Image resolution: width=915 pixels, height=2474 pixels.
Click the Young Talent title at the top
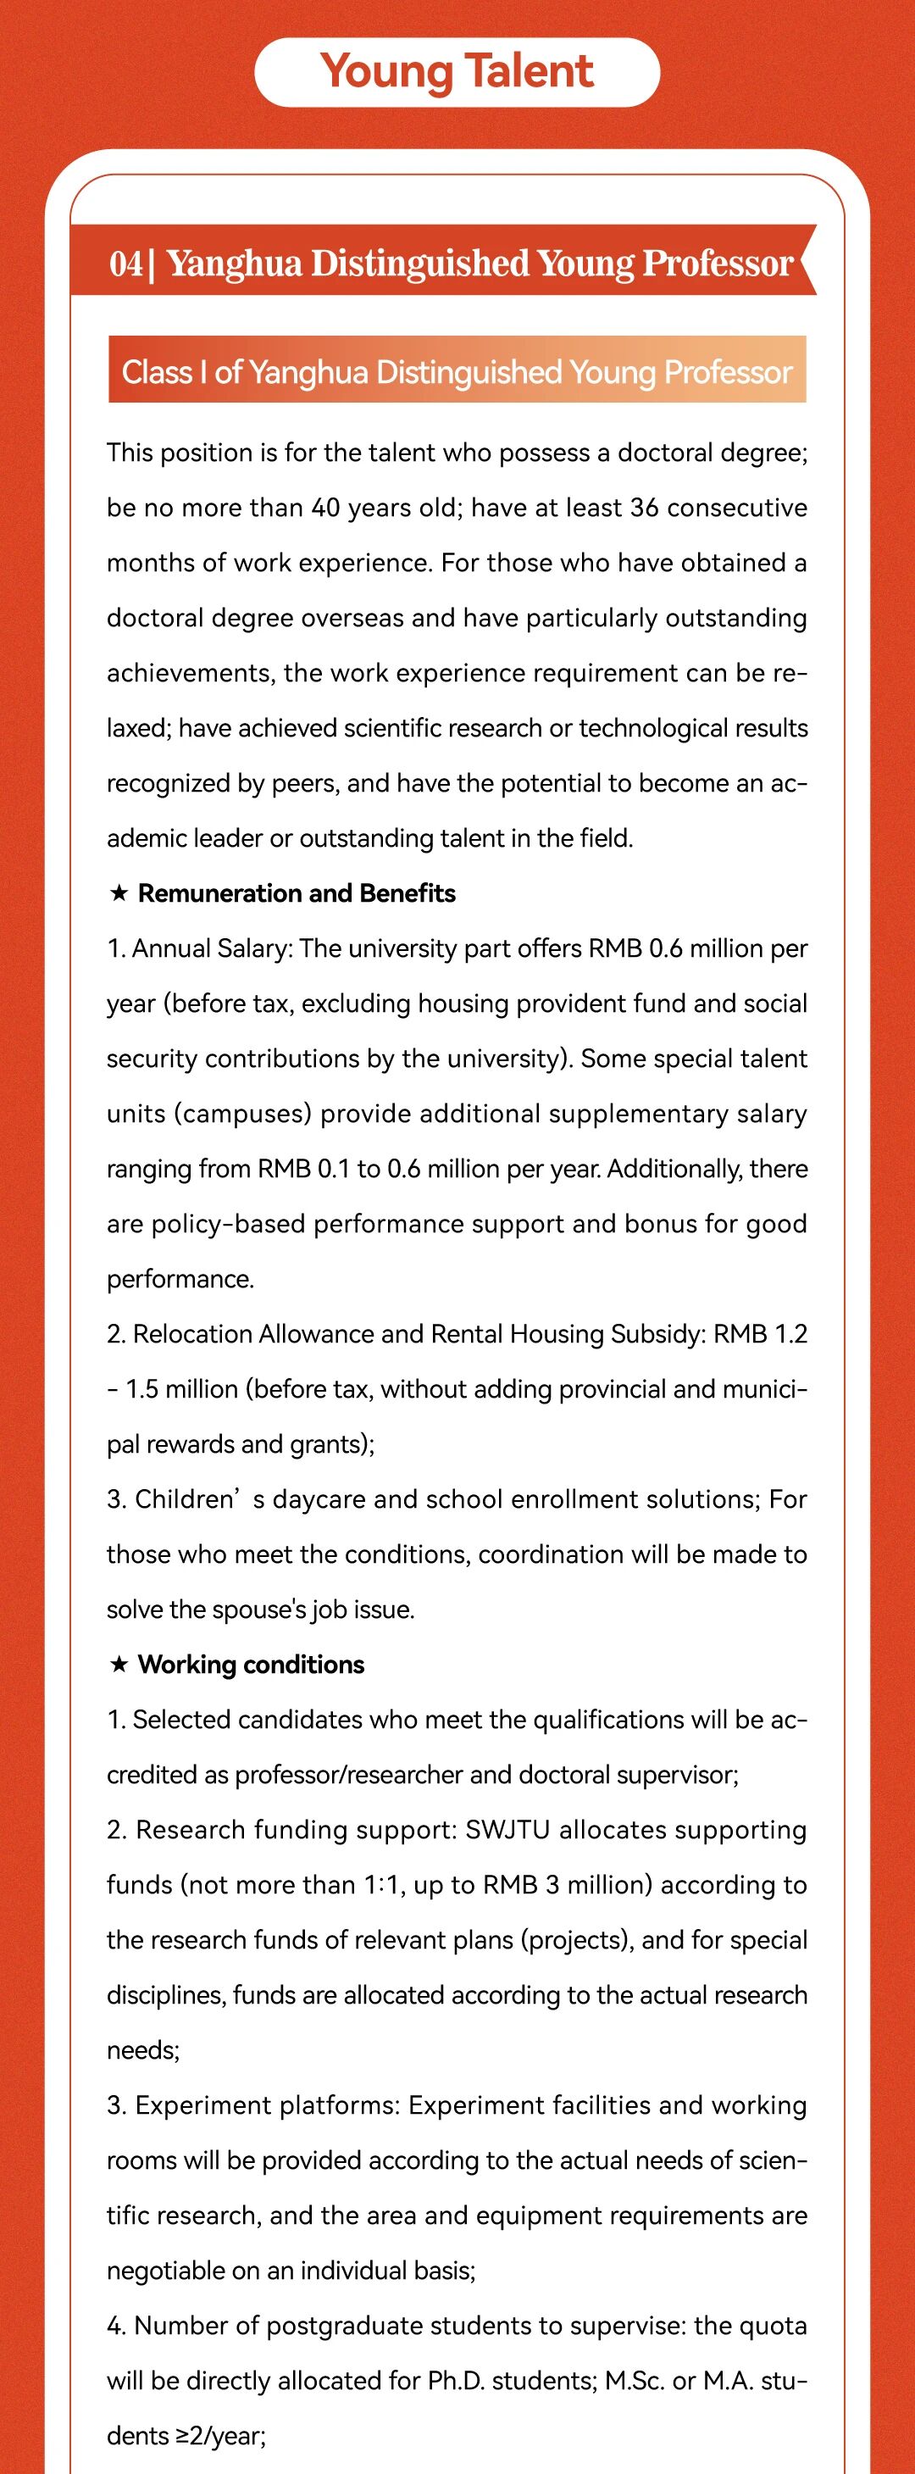coord(457,72)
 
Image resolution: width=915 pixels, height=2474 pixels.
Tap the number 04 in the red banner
coord(125,263)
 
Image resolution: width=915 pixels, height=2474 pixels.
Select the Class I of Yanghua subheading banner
coord(457,370)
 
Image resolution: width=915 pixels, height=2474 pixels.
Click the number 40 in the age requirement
coord(325,507)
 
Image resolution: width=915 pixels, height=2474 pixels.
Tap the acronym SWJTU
coord(507,1830)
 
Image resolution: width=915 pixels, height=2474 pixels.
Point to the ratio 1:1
coord(384,1885)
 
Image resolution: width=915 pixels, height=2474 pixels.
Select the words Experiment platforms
coord(265,2105)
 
